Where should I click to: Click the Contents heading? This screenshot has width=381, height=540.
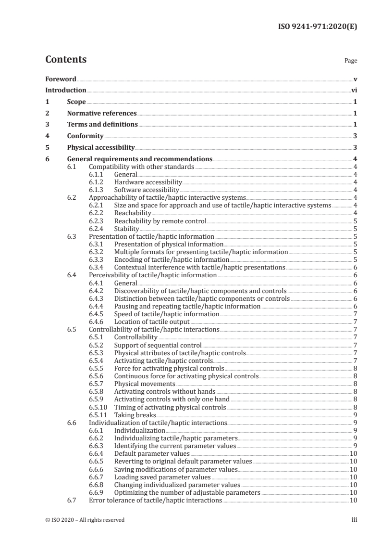(66, 60)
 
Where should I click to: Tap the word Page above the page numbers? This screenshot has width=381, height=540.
(351, 61)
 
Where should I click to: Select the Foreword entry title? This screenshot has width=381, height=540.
(61, 78)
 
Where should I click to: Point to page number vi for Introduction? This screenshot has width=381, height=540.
(354, 90)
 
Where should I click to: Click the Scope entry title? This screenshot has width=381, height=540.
(76, 102)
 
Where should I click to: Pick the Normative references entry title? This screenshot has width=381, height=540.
(102, 114)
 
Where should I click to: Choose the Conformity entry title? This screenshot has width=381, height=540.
(86, 136)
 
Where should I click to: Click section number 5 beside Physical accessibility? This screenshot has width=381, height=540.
(47, 148)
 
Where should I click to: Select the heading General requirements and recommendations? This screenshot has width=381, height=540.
(140, 159)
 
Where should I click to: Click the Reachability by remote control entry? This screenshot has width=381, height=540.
(160, 221)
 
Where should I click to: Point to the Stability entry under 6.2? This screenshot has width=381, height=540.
(127, 229)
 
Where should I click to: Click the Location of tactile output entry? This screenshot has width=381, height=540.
(152, 321)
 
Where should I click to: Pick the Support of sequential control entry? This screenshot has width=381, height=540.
(158, 345)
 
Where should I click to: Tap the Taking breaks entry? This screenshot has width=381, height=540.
(135, 414)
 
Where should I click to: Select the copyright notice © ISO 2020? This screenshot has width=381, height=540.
(85, 520)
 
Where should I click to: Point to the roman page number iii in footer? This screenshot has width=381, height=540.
(355, 520)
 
